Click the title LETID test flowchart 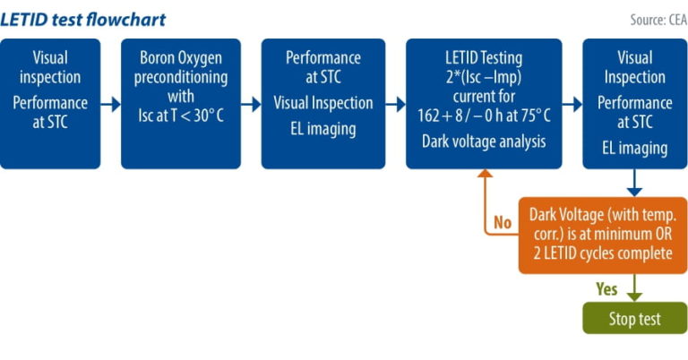pyautogui.click(x=83, y=19)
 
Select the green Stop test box pyautogui.click(x=634, y=318)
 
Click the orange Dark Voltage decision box pyautogui.click(x=602, y=235)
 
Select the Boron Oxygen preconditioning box pyautogui.click(x=181, y=103)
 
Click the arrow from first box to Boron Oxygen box pyautogui.click(x=110, y=104)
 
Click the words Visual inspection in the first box pyautogui.click(x=49, y=67)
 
